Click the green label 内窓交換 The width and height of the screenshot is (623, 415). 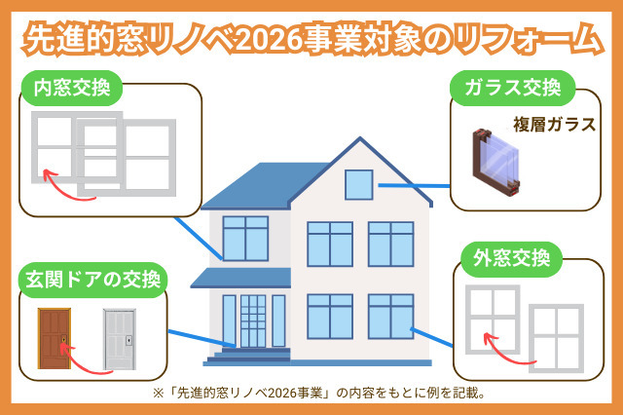coord(71,91)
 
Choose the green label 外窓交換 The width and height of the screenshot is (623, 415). coord(508,260)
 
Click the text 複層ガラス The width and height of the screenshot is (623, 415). coord(554,125)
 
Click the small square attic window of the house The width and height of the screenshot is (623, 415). coord(358,183)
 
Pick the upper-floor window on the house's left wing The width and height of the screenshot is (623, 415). coord(245,239)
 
